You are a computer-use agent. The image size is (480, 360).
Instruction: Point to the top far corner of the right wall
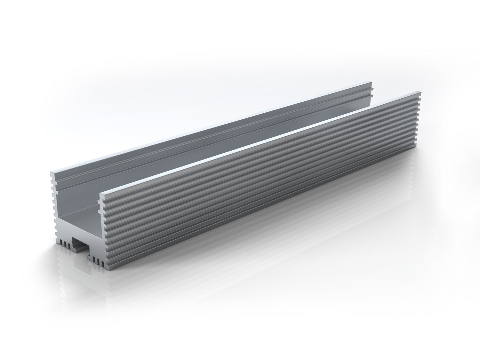pos(418,93)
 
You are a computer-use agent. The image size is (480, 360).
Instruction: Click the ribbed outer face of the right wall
pos(266,176)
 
